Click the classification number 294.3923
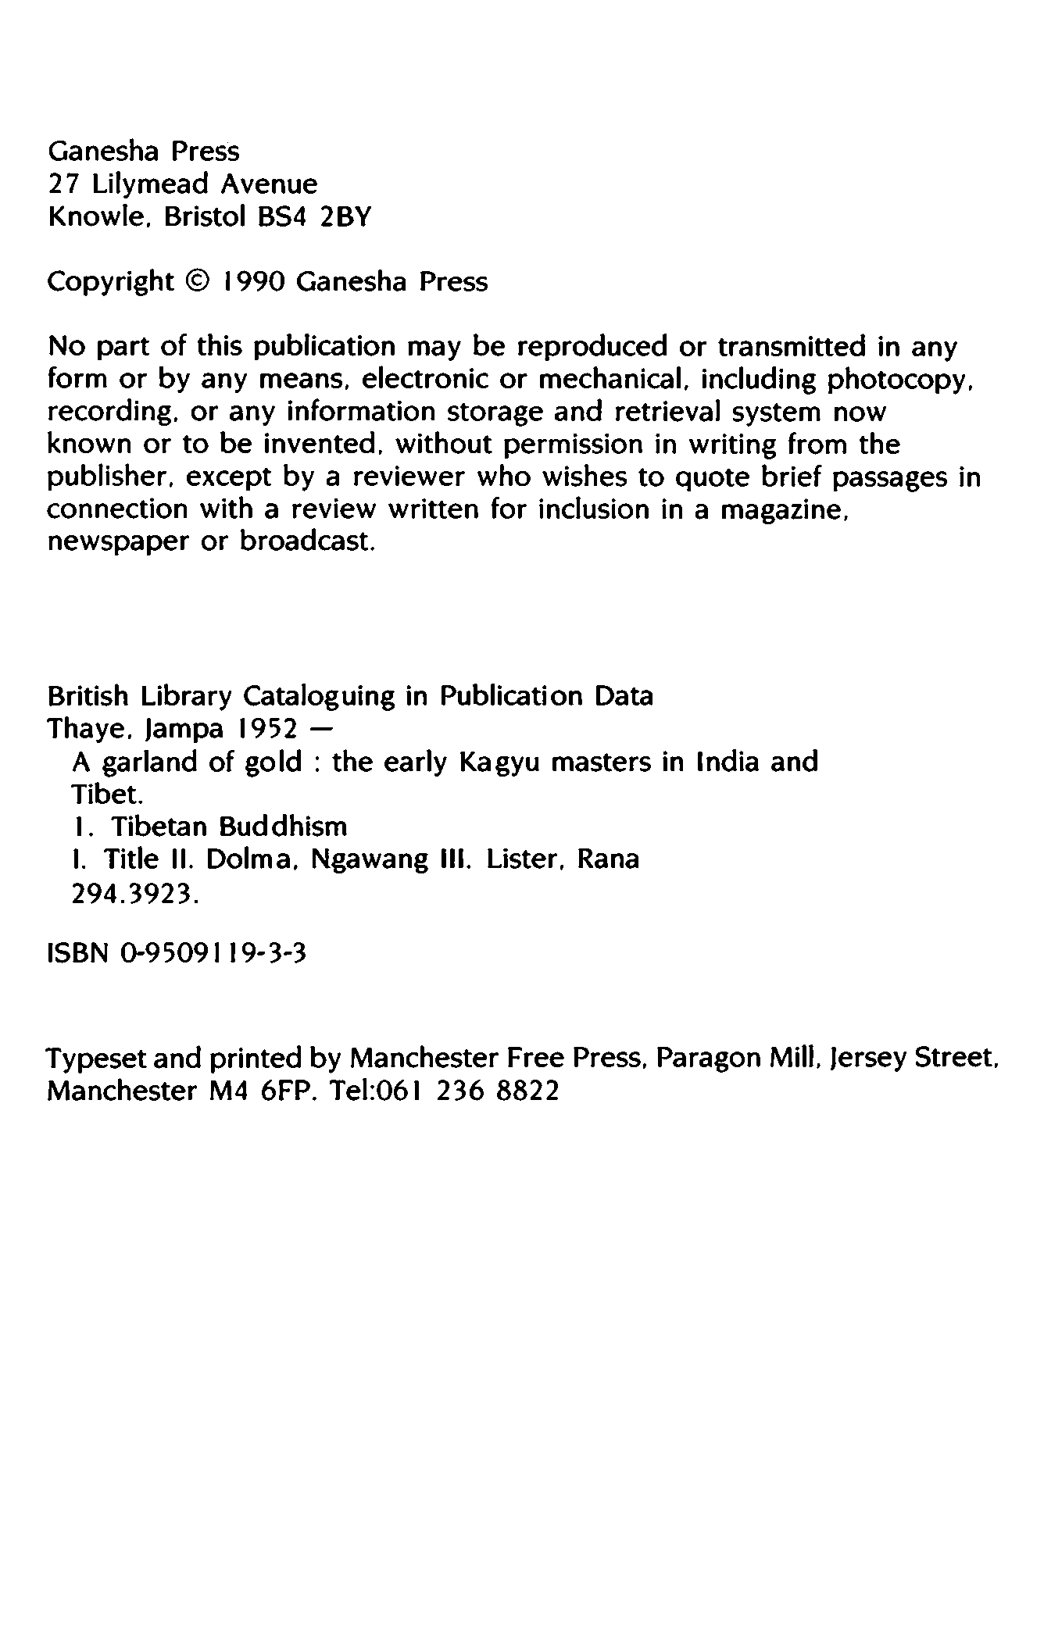135,896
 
